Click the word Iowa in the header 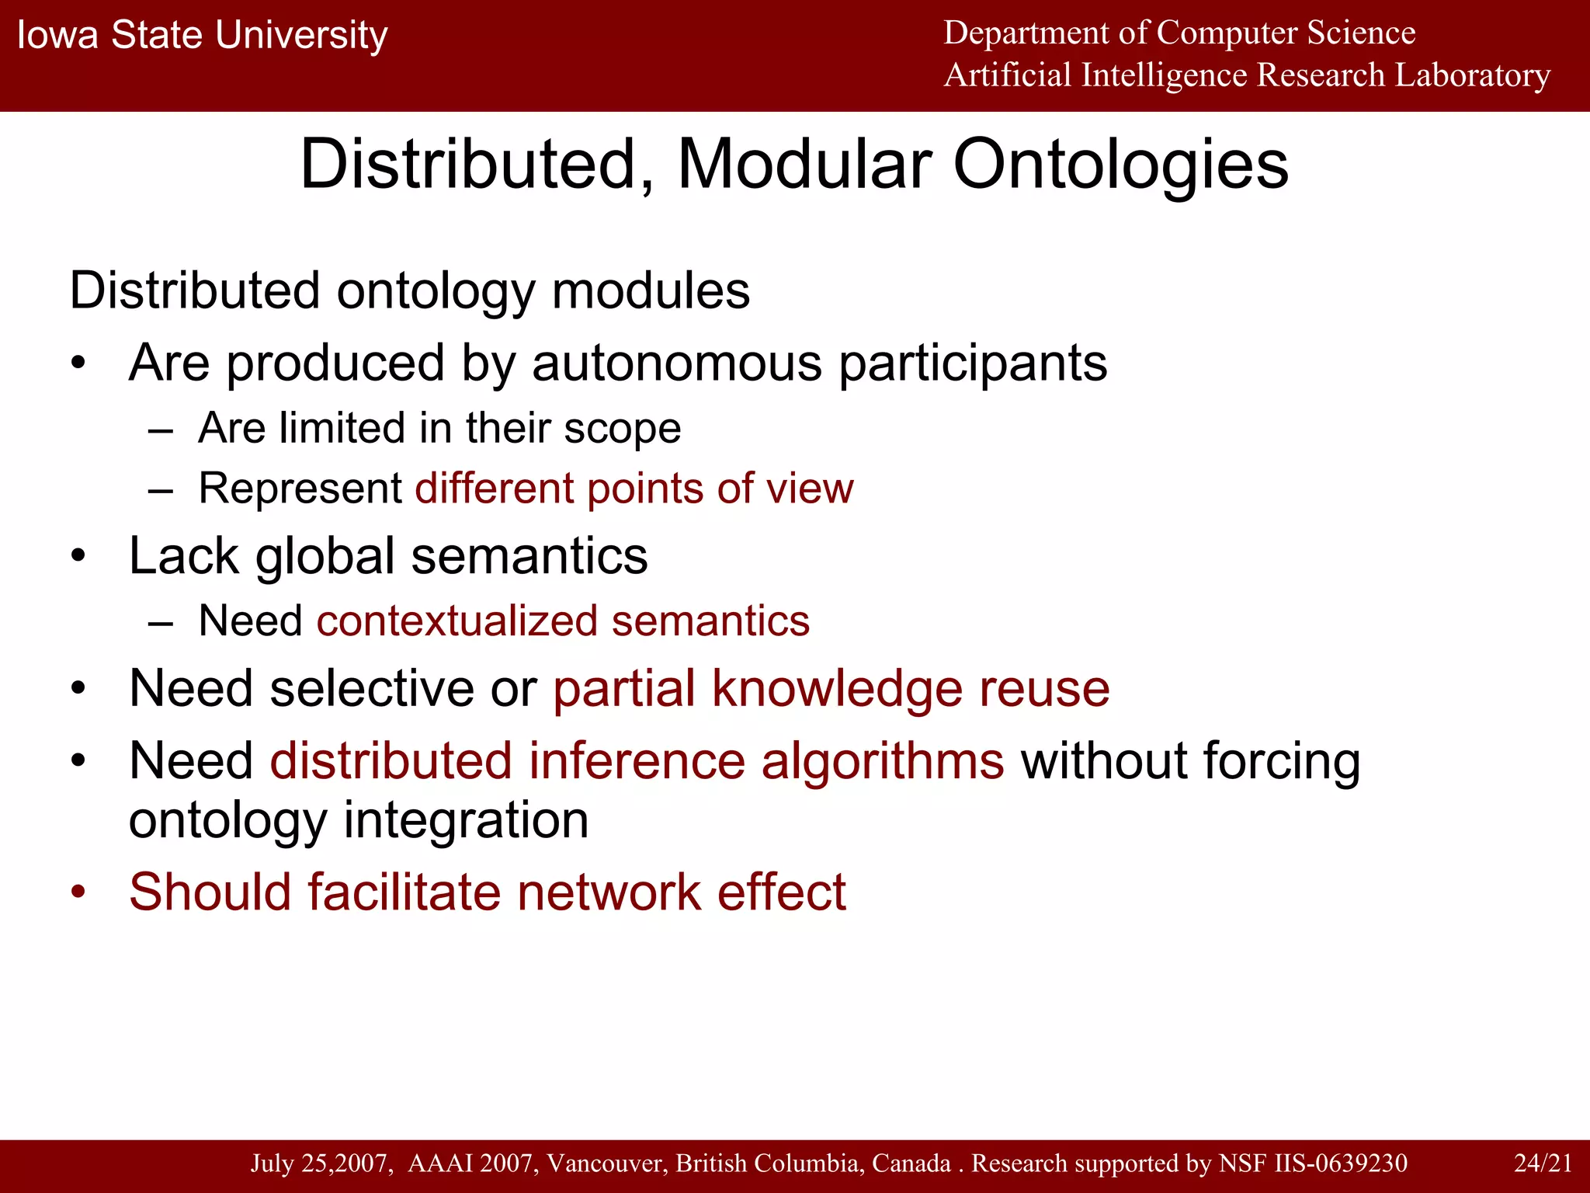57,36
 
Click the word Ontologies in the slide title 1120,165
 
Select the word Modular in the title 804,165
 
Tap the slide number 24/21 1543,1163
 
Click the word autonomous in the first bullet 676,363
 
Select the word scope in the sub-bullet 623,428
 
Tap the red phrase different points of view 634,489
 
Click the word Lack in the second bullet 184,556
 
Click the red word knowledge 837,689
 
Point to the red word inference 637,760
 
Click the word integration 466,820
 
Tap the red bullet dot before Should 78,892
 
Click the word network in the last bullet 609,892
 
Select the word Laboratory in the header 1473,75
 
